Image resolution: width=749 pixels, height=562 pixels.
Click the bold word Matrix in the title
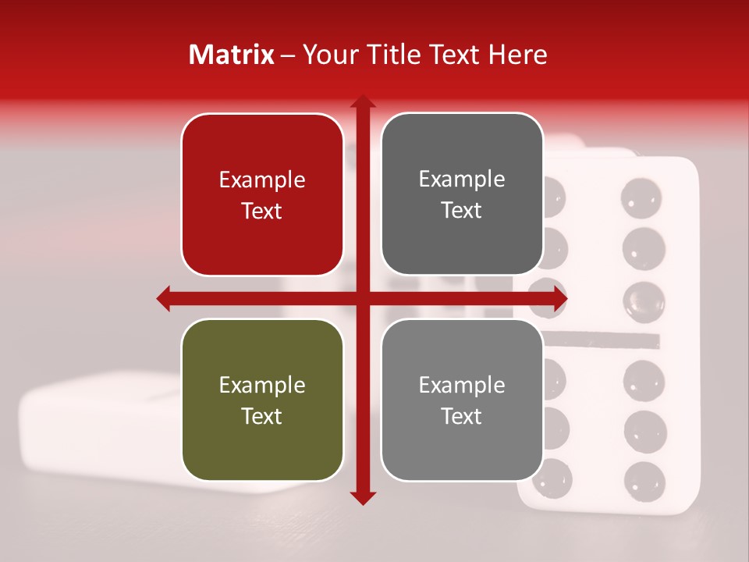pos(232,55)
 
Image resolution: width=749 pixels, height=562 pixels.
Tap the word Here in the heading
pos(517,55)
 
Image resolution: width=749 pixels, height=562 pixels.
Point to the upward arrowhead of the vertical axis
pos(362,101)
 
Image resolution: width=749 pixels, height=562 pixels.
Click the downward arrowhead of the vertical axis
pos(362,497)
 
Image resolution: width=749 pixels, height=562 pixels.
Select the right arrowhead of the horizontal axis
pos(559,298)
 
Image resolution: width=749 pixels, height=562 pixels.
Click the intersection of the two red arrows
pos(362,298)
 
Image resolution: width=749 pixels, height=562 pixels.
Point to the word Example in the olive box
pos(262,385)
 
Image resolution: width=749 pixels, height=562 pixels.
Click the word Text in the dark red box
pos(262,211)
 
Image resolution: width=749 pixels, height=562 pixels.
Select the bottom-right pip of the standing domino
pos(644,479)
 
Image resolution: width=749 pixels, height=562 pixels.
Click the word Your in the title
pos(325,55)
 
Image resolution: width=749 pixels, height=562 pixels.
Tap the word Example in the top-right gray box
pos(462,179)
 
